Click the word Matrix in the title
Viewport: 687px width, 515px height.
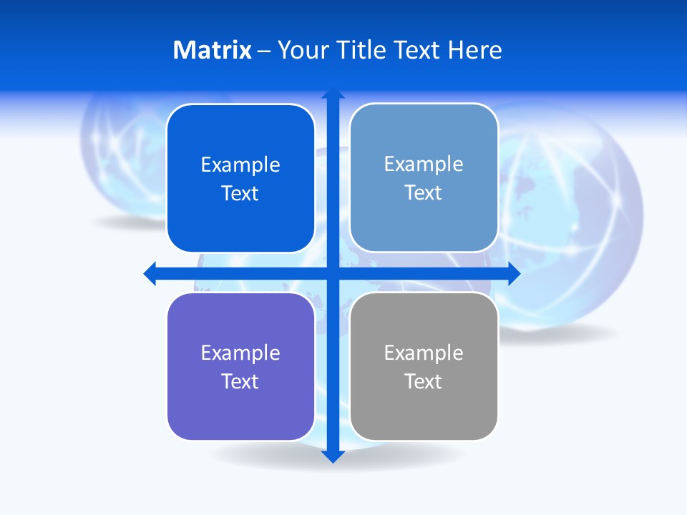click(213, 50)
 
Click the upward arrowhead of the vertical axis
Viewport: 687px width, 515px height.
click(333, 94)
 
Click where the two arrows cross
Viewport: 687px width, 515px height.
click(333, 273)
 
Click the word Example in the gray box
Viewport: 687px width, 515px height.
click(424, 353)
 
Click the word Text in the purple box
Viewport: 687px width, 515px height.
click(240, 381)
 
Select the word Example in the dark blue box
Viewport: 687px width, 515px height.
click(240, 165)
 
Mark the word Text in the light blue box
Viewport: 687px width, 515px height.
click(424, 193)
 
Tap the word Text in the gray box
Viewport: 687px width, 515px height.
click(424, 381)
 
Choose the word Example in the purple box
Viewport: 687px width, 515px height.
click(240, 353)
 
